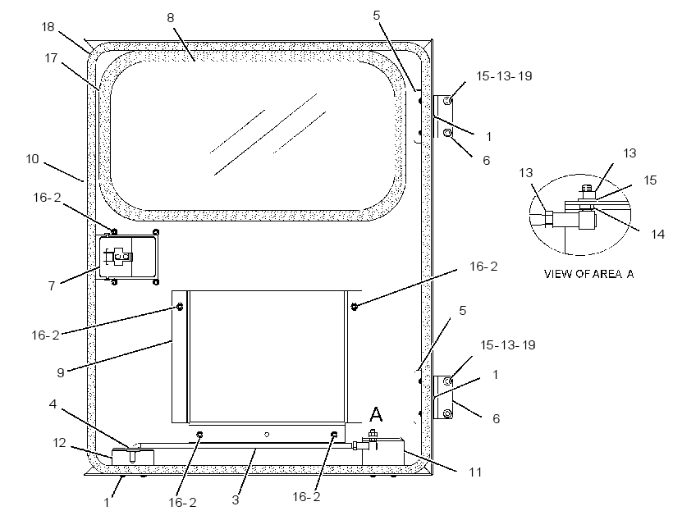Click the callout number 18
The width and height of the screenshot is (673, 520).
pyautogui.click(x=48, y=27)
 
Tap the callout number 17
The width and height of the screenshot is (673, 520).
pyautogui.click(x=51, y=58)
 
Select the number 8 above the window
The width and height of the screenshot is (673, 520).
pyautogui.click(x=171, y=17)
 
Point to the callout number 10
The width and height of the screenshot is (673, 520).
pyautogui.click(x=32, y=159)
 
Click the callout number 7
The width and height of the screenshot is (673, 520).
pyautogui.click(x=52, y=285)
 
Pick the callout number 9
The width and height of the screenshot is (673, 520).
pyautogui.click(x=61, y=372)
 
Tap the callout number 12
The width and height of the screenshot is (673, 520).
pyautogui.click(x=59, y=442)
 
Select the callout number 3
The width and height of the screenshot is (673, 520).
pyautogui.click(x=236, y=499)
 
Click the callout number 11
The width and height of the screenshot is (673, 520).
pyautogui.click(x=475, y=472)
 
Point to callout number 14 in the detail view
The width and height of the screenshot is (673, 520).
pyautogui.click(x=657, y=235)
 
